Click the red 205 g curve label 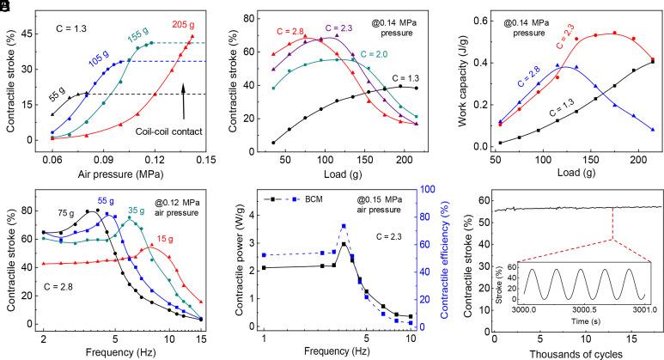(184, 23)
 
